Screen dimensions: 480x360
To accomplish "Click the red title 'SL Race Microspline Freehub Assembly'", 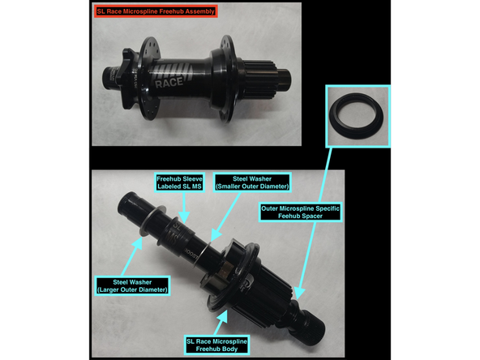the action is (156, 11).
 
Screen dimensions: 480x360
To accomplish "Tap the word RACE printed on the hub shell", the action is (169, 83).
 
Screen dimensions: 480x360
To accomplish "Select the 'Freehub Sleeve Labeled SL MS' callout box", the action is (179, 182).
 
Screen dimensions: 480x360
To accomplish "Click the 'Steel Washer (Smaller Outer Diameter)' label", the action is (252, 182).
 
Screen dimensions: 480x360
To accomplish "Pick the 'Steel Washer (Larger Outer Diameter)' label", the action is (132, 286).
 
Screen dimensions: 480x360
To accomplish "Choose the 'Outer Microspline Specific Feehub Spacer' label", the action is (300, 212).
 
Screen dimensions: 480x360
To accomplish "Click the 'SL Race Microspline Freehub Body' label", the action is (216, 345).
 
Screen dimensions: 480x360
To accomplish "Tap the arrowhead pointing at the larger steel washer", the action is (138, 242).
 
